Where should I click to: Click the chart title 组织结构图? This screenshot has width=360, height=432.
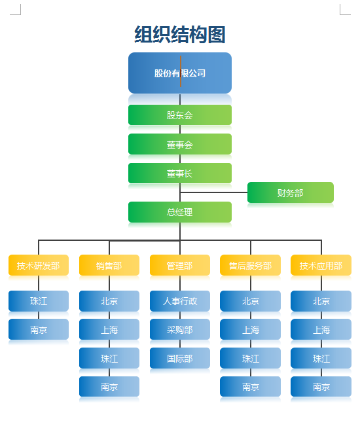pyautogui.click(x=180, y=35)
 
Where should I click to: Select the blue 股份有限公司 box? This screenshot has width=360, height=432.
pyautogui.click(x=180, y=73)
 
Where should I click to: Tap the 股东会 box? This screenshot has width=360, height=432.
pyautogui.click(x=180, y=115)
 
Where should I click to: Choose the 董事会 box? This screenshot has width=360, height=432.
pyautogui.click(x=180, y=144)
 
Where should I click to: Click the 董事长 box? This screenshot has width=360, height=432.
pyautogui.click(x=180, y=173)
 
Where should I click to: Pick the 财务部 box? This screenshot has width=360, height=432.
pyautogui.click(x=291, y=192)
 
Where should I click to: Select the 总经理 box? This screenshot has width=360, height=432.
pyautogui.click(x=180, y=212)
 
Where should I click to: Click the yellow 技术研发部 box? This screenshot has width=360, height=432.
pyautogui.click(x=39, y=265)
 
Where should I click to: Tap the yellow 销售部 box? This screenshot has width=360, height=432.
pyautogui.click(x=109, y=265)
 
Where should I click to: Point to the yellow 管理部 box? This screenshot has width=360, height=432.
pyautogui.click(x=180, y=265)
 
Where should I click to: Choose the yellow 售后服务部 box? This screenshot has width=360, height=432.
pyautogui.click(x=251, y=265)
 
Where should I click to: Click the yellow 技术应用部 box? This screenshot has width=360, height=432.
pyautogui.click(x=321, y=265)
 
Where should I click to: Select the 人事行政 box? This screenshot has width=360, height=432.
pyautogui.click(x=180, y=301)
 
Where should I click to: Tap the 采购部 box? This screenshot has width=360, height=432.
pyautogui.click(x=180, y=329)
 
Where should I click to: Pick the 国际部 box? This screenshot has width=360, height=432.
pyautogui.click(x=180, y=358)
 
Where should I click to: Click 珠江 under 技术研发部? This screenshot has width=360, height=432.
pyautogui.click(x=39, y=301)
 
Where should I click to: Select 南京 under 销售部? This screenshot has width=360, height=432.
pyautogui.click(x=109, y=387)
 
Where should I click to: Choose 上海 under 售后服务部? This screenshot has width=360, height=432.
pyautogui.click(x=251, y=329)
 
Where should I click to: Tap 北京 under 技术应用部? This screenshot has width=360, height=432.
pyautogui.click(x=321, y=301)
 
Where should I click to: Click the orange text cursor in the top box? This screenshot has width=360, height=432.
pyautogui.click(x=181, y=71)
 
